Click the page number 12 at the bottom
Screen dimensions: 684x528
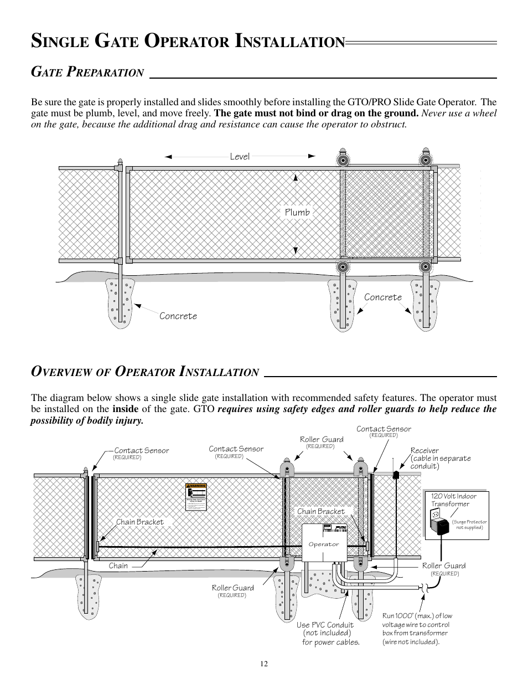tap(264, 664)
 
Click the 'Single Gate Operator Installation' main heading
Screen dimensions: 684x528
tap(188, 41)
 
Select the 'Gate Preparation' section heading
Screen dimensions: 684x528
tap(87, 72)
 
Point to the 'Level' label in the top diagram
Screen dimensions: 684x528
tap(240, 157)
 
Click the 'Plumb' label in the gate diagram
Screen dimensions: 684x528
tap(297, 212)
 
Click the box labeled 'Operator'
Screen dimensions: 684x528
tap(324, 544)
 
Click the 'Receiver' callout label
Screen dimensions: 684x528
tap(425, 451)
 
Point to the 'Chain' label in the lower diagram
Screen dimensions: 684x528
tap(118, 565)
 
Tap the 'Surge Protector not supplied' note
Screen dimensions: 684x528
tap(469, 524)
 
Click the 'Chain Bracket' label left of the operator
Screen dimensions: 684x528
tap(140, 522)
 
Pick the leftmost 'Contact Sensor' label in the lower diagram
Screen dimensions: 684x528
tap(141, 450)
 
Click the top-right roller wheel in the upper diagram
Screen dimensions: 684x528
tap(425, 161)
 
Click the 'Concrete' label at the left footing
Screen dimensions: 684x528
tap(178, 316)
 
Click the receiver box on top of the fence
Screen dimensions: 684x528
tap(396, 475)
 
